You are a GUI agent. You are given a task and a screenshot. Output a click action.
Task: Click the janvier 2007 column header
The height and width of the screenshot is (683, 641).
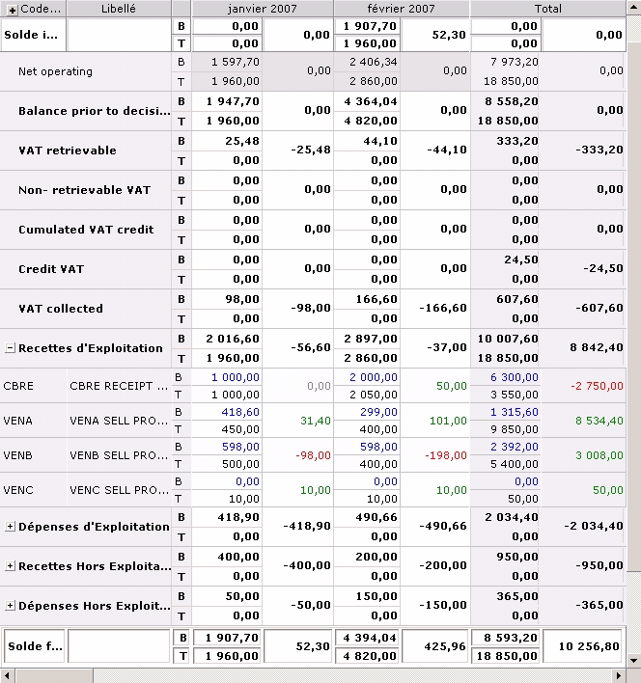262,8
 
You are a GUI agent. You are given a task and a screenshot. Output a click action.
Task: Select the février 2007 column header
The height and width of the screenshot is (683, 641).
402,8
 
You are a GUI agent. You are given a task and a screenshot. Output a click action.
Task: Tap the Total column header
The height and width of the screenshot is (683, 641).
547,8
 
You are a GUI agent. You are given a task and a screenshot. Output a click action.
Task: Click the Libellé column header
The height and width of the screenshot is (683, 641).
119,8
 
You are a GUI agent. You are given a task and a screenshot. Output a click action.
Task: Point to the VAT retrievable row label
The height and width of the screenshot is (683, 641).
67,150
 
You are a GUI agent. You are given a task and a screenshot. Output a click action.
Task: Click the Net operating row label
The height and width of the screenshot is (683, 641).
55,71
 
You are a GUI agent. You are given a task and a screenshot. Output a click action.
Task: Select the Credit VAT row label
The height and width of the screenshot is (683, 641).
50,269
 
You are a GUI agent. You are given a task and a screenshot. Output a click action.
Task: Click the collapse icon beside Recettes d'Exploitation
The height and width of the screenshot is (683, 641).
10,348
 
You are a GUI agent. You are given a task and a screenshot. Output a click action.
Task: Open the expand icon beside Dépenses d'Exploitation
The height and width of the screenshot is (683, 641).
10,527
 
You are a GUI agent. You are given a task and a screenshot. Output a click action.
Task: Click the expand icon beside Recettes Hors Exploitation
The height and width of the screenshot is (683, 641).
10,566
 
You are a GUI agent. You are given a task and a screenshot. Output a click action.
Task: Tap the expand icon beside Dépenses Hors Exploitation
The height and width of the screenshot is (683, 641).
10,606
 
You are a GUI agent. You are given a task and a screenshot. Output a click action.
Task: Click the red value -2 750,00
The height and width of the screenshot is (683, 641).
595,386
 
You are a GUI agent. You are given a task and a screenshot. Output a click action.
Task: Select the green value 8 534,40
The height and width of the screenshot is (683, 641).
595,421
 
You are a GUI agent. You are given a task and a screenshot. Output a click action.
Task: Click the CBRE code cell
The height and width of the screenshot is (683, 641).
19,386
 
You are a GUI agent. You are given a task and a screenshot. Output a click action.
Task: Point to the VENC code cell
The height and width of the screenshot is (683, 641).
19,490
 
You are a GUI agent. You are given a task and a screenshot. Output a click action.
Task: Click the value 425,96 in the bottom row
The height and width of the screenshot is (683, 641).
445,646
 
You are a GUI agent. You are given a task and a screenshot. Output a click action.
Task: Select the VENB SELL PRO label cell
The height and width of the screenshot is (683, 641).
111,455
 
